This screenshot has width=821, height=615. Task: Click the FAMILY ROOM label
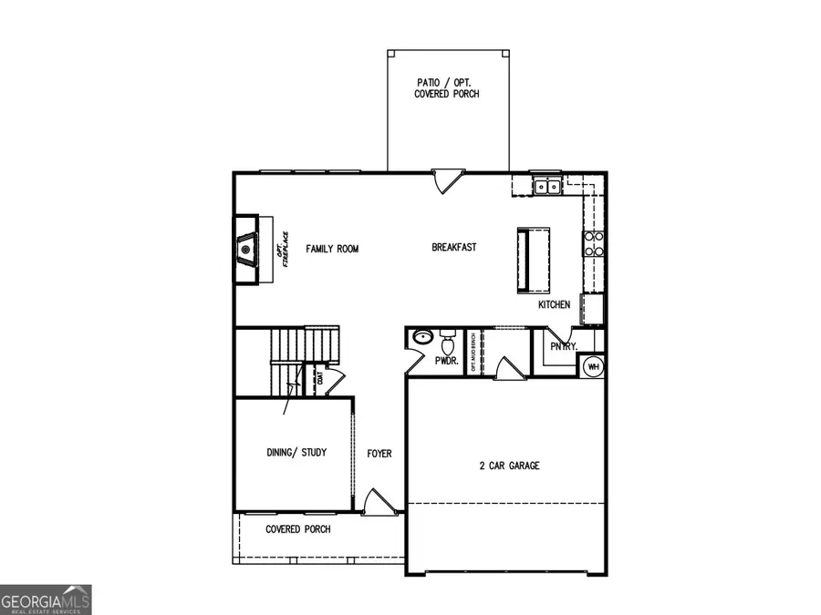click(332, 249)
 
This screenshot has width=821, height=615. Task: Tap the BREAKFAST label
click(453, 247)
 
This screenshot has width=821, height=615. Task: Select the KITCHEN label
click(554, 305)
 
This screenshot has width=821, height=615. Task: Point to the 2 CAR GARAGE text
click(509, 466)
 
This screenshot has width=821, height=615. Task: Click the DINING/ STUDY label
click(296, 453)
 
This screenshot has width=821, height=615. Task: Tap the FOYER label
click(379, 453)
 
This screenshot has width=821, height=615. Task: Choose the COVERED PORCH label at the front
click(297, 529)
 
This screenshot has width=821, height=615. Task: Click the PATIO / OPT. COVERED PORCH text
click(446, 88)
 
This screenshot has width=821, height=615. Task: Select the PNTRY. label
click(564, 346)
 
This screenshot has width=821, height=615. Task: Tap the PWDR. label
click(445, 361)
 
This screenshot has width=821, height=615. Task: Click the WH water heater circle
click(593, 366)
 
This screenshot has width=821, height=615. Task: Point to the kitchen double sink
click(547, 187)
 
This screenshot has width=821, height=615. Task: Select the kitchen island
click(534, 261)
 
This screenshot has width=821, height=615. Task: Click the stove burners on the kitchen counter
click(594, 242)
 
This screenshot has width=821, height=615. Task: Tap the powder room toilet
click(448, 343)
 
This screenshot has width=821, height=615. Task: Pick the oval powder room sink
click(421, 338)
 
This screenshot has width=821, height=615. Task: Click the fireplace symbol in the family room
click(246, 249)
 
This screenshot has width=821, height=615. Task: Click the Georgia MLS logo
click(46, 600)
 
